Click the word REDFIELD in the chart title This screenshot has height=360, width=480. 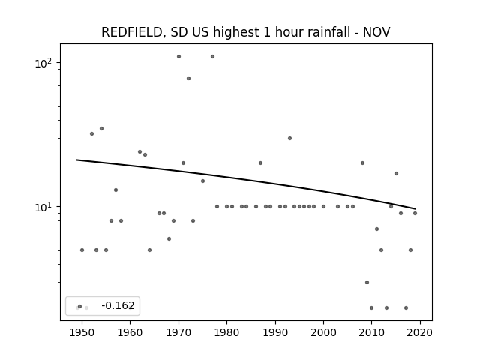click(x=131, y=32)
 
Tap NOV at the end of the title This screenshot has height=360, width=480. click(x=376, y=32)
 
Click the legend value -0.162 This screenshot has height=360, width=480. click(x=118, y=305)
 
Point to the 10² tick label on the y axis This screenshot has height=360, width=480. click(x=43, y=63)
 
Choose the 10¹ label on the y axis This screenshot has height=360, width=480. click(x=43, y=207)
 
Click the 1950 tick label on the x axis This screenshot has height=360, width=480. click(x=82, y=332)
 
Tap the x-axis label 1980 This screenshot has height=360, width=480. click(x=226, y=332)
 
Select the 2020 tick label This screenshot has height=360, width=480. click(x=420, y=332)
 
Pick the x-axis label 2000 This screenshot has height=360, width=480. click(x=323, y=332)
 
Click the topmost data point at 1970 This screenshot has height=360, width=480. click(x=178, y=57)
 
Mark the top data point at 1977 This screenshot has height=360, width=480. click(x=212, y=57)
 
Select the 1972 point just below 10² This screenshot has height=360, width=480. click(x=188, y=78)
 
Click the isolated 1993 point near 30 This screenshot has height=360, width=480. click(x=290, y=138)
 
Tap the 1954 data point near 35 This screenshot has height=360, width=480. click(x=102, y=128)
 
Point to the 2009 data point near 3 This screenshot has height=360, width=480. click(x=367, y=282)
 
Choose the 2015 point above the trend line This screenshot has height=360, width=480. click(x=397, y=173)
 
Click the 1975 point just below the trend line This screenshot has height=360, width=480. click(x=202, y=181)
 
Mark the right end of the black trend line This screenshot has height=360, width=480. click(x=415, y=209)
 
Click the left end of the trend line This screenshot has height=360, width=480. click(x=76, y=160)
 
